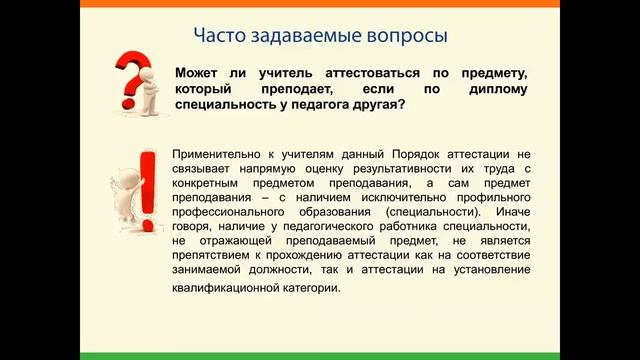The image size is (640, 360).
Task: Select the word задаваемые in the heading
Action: point(304,36)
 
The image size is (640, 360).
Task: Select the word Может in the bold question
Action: point(197,74)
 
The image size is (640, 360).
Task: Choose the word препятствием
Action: point(213,257)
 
